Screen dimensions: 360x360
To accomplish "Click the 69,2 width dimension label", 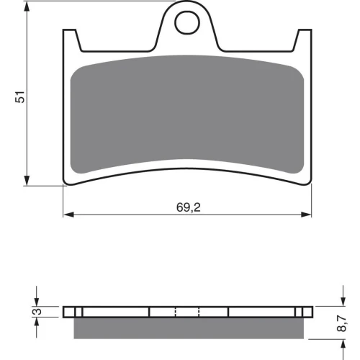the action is (x=189, y=207).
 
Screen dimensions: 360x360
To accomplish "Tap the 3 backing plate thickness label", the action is (x=37, y=312).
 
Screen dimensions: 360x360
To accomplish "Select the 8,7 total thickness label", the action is (x=341, y=323).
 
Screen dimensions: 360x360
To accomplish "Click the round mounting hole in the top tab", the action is (x=187, y=23).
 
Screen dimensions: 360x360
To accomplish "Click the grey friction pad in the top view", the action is (x=187, y=114).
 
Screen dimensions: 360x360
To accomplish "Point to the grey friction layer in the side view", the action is (x=189, y=328).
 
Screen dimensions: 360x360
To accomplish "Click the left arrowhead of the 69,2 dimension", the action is (x=68, y=215).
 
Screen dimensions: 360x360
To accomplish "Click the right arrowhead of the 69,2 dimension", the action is (x=306, y=215).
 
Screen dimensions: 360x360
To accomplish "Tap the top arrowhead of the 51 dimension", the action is (x=27, y=6).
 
